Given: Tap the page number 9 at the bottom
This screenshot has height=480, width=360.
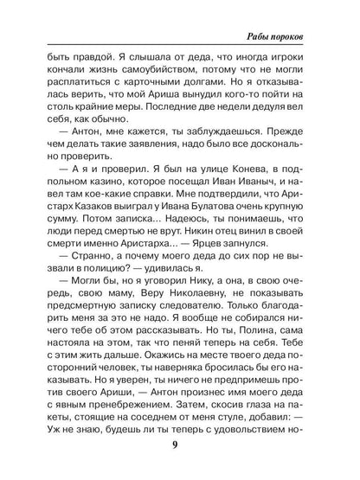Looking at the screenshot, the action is pos(178,445).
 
